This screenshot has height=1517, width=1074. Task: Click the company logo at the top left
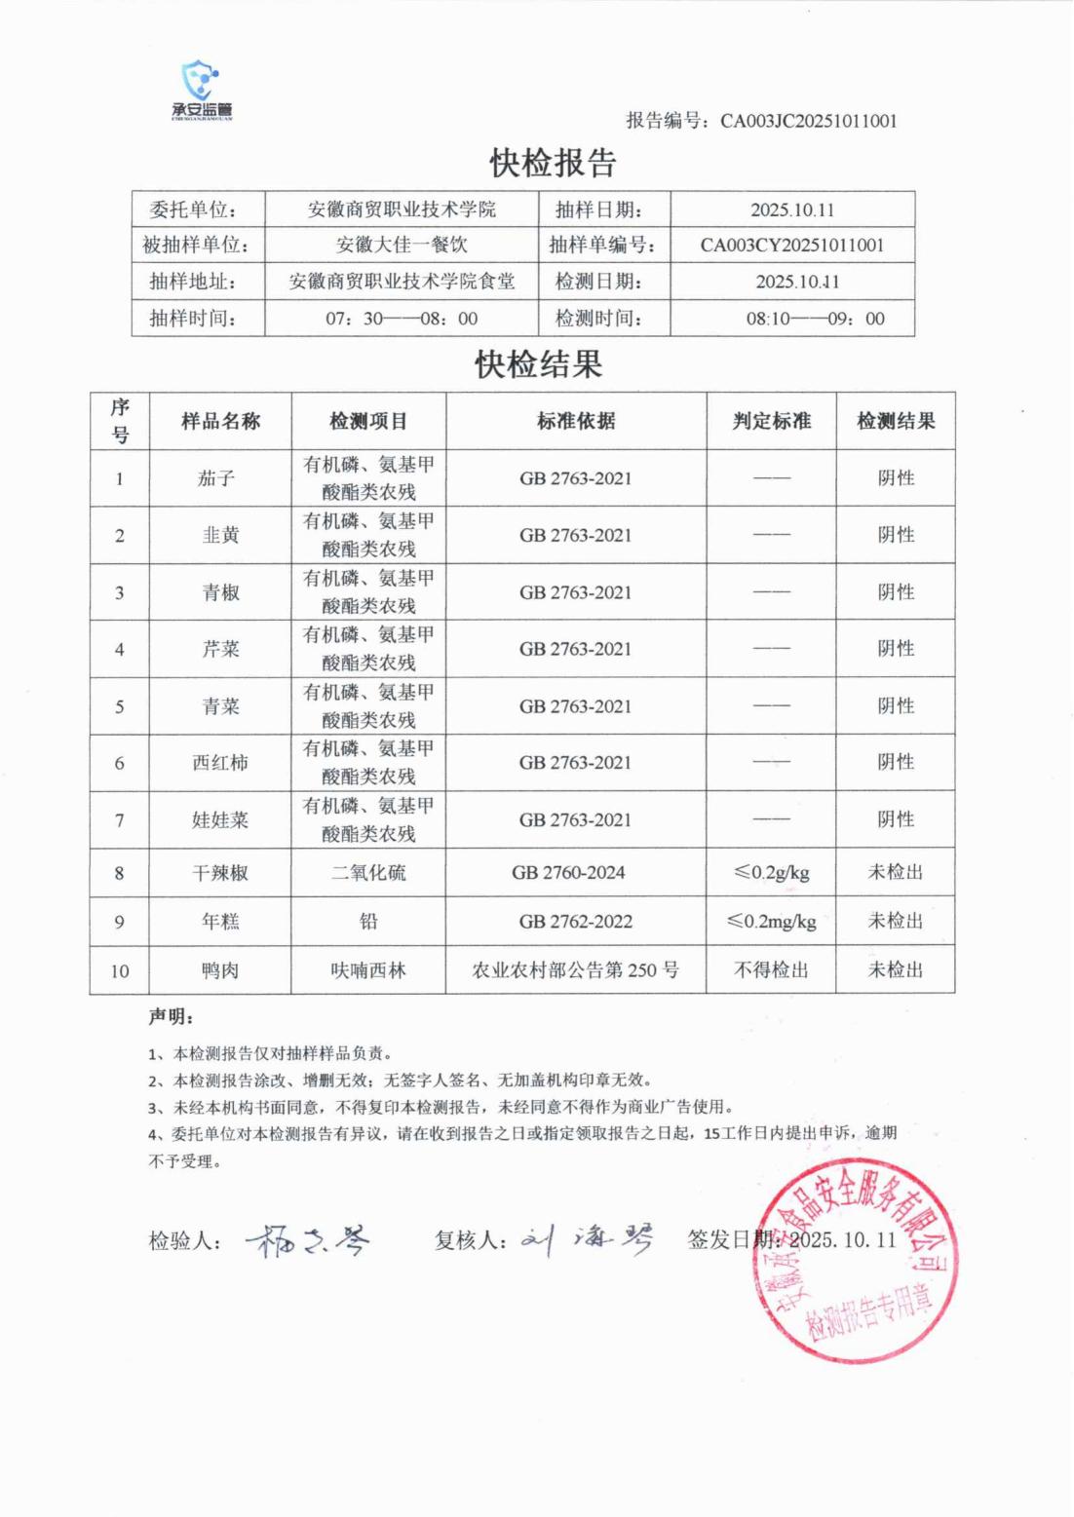pyautogui.click(x=202, y=90)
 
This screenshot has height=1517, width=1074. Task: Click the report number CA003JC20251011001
pyautogui.click(x=808, y=121)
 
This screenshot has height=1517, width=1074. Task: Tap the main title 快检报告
pyautogui.click(x=553, y=163)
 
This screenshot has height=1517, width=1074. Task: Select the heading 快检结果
pyautogui.click(x=538, y=364)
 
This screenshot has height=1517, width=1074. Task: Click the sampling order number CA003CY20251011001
pyautogui.click(x=791, y=245)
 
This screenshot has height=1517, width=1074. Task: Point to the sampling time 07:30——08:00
pyautogui.click(x=402, y=319)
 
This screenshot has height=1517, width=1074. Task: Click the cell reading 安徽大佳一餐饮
pyautogui.click(x=402, y=245)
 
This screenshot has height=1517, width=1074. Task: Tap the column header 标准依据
pyautogui.click(x=576, y=421)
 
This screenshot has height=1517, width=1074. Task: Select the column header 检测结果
pyautogui.click(x=896, y=421)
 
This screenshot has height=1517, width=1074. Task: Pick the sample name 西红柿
pyautogui.click(x=220, y=763)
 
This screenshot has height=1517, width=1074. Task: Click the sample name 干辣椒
pyautogui.click(x=220, y=873)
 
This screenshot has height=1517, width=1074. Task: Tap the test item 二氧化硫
pyautogui.click(x=368, y=873)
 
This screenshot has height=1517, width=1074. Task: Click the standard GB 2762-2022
pyautogui.click(x=575, y=922)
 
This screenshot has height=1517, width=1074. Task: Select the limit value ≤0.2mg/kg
pyautogui.click(x=771, y=922)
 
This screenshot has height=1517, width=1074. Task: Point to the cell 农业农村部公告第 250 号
pyautogui.click(x=575, y=970)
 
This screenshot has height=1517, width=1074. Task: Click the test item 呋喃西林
pyautogui.click(x=368, y=970)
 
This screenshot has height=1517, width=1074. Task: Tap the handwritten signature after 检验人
pyautogui.click(x=308, y=1240)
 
